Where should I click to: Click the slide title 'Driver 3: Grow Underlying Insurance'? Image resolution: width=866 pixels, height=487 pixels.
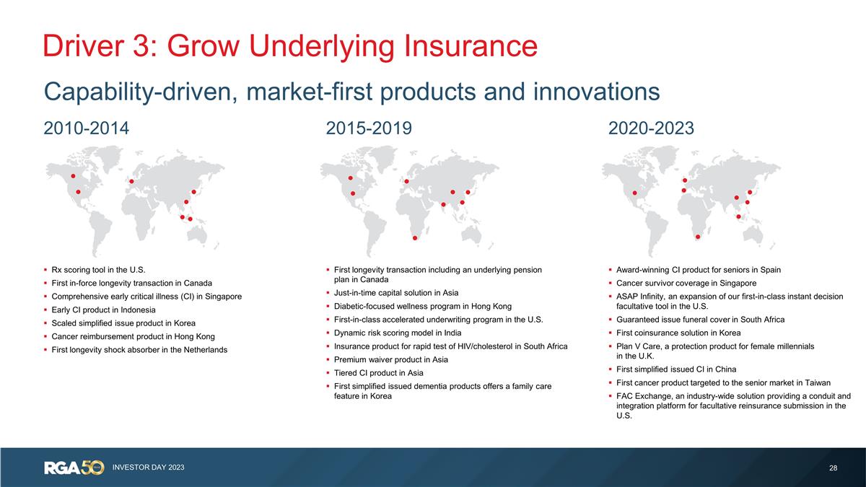(x=289, y=45)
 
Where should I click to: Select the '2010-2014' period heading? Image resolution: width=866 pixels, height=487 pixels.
(x=86, y=128)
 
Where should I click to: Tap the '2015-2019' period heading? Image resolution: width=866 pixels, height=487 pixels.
(x=369, y=128)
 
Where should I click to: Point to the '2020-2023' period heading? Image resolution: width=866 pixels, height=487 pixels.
(x=651, y=128)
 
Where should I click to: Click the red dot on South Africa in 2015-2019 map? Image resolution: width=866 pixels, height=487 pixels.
(x=415, y=238)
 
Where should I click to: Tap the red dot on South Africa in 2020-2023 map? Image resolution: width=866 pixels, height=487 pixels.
(x=697, y=237)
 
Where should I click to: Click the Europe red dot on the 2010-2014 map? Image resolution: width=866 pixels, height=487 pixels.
(x=131, y=181)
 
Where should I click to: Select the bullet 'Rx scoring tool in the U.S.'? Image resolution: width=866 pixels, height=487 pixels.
(x=99, y=270)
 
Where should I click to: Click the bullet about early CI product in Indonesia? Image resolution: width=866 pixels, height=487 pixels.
(x=103, y=310)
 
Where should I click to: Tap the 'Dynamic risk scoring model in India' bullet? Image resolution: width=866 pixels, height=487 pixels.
(x=398, y=333)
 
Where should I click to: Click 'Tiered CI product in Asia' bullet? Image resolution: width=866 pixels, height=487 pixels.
(x=378, y=372)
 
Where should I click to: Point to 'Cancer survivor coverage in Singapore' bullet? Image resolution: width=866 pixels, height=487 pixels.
(x=686, y=283)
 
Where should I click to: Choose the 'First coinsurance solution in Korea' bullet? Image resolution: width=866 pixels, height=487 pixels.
(x=679, y=333)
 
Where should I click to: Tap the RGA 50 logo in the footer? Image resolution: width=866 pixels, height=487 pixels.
(x=74, y=468)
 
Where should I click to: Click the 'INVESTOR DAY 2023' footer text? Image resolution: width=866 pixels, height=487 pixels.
(x=148, y=468)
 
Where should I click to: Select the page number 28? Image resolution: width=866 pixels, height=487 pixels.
(x=833, y=468)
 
